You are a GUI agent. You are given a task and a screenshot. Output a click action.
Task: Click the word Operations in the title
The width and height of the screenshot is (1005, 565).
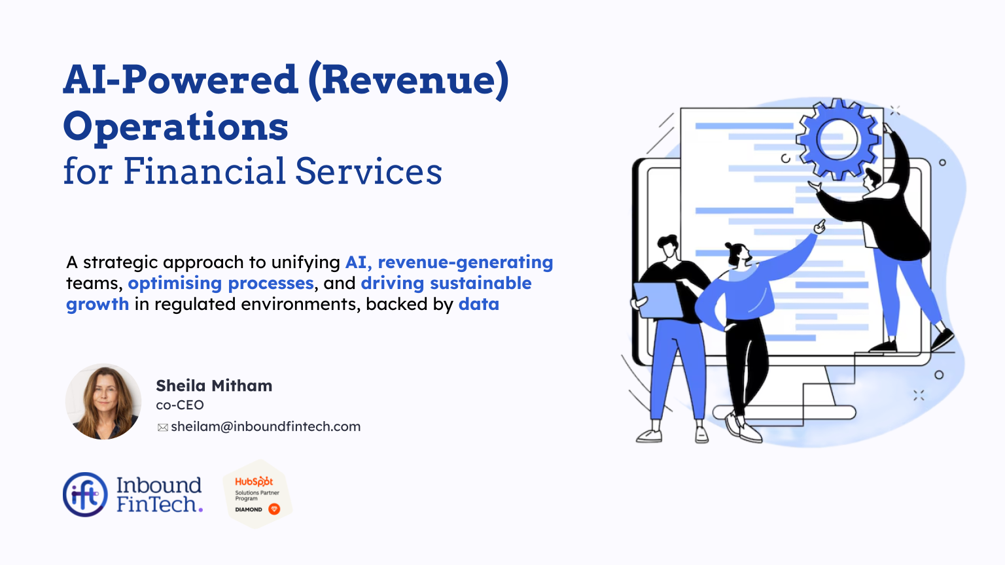click(x=175, y=127)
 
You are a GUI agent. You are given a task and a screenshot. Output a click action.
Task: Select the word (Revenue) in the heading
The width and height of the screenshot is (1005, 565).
click(x=408, y=80)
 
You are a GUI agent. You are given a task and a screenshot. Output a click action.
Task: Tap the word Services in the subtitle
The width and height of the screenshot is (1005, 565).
click(x=368, y=172)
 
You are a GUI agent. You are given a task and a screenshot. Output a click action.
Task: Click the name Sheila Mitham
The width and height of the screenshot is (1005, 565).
click(x=214, y=386)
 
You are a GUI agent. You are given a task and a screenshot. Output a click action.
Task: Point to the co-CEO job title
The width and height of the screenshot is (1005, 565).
click(x=180, y=405)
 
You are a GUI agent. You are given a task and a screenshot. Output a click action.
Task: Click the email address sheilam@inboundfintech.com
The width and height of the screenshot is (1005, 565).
click(x=266, y=427)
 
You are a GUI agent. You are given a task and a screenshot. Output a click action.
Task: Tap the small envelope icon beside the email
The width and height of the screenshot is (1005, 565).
click(x=163, y=428)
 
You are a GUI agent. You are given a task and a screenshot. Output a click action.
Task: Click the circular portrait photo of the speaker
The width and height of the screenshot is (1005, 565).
click(x=103, y=402)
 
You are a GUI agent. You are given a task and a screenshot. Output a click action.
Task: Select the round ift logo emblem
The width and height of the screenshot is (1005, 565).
click(x=85, y=494)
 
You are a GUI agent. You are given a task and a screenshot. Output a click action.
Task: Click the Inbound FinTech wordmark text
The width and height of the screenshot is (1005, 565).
click(x=159, y=495)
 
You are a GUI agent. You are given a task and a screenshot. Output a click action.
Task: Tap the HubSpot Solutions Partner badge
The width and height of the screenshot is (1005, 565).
click(x=257, y=494)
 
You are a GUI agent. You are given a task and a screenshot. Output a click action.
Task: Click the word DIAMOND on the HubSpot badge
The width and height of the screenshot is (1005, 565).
click(x=249, y=509)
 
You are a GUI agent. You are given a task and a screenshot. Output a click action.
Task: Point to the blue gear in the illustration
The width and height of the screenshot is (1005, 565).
click(x=837, y=139)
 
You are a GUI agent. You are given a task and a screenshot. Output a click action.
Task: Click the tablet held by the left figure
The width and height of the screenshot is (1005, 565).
click(x=658, y=301)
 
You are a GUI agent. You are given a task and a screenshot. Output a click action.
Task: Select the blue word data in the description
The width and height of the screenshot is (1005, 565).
click(x=479, y=305)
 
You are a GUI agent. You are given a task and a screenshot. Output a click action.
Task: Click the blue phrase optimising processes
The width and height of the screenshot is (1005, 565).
click(x=221, y=284)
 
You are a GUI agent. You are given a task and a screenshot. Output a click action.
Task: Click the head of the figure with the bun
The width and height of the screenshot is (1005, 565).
click(x=738, y=254)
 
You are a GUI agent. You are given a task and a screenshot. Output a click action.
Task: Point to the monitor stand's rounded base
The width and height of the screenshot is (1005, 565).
click(x=784, y=412)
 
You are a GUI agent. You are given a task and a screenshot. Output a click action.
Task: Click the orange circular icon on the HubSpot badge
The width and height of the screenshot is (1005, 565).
click(x=274, y=509)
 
